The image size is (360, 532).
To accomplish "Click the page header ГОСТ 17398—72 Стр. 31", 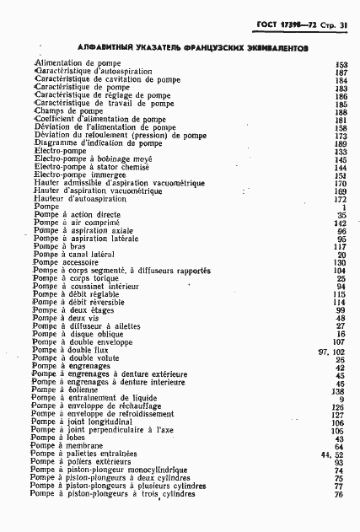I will [306, 25].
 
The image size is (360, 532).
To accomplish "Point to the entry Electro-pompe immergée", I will [81, 175].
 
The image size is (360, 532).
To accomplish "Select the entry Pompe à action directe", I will [77, 214].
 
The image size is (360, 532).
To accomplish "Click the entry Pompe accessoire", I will [68, 262].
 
